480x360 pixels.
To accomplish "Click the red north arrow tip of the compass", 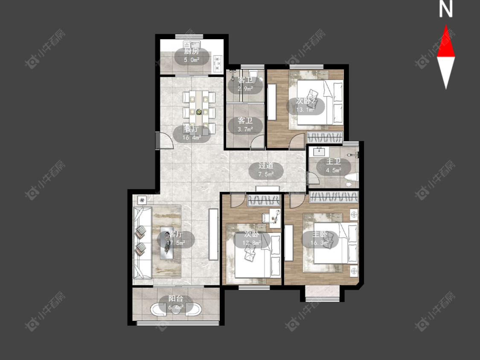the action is pos(446,26).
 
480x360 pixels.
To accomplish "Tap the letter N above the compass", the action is pos(446,9).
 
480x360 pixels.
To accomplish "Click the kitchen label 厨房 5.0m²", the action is pos(192,56).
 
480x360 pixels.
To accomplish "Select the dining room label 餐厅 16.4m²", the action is pos(192,134).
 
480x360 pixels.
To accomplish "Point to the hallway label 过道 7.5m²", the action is pos(266,170).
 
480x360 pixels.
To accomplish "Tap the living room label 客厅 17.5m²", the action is pos(176,239).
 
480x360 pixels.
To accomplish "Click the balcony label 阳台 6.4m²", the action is pos(176,302).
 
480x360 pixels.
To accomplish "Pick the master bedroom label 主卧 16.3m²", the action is pos(320,239).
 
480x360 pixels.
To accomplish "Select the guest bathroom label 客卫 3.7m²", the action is pos(245,125).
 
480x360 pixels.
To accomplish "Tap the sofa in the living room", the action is pos(143,243).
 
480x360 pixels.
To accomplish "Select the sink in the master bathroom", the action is pos(320,151).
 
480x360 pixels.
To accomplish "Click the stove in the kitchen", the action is pos(218,62).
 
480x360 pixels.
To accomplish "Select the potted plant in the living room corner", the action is pos(142,200).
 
